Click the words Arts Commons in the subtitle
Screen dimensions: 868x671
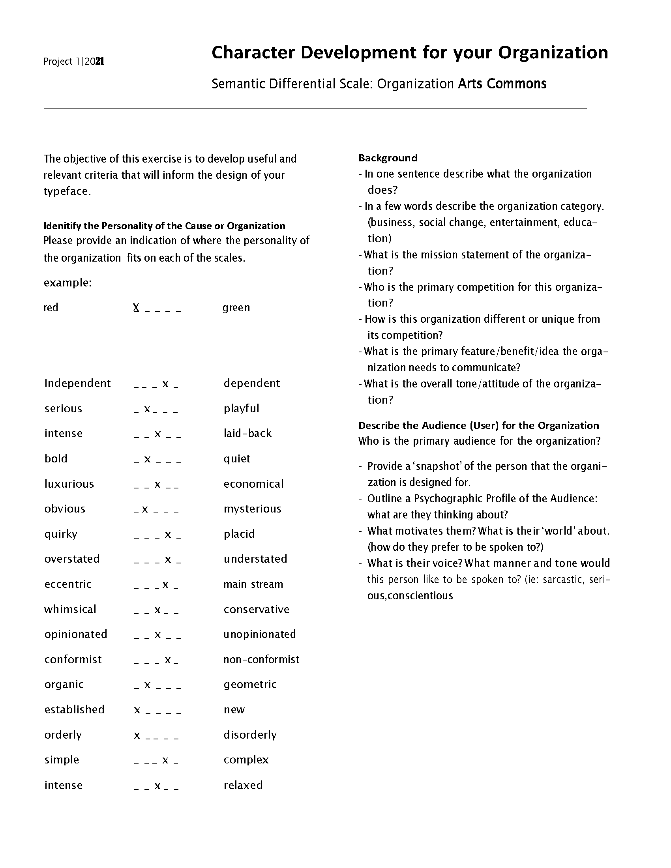point(502,84)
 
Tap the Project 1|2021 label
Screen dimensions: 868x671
point(73,61)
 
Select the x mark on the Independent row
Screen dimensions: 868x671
point(165,384)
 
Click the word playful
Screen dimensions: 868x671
point(241,408)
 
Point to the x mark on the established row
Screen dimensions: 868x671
point(137,710)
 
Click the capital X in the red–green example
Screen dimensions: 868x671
point(136,308)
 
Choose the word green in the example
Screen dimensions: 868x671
point(236,308)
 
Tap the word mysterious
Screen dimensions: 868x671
point(253,509)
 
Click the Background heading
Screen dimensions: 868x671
point(388,158)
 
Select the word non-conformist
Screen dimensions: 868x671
point(261,659)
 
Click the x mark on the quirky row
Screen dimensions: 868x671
point(168,535)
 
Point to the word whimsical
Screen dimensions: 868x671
point(70,609)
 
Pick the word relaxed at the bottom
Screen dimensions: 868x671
point(243,785)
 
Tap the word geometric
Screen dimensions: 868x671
point(250,684)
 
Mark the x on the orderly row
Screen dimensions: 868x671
point(137,735)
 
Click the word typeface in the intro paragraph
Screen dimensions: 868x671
point(66,191)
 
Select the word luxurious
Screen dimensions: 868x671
point(69,484)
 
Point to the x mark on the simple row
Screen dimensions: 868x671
point(165,760)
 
